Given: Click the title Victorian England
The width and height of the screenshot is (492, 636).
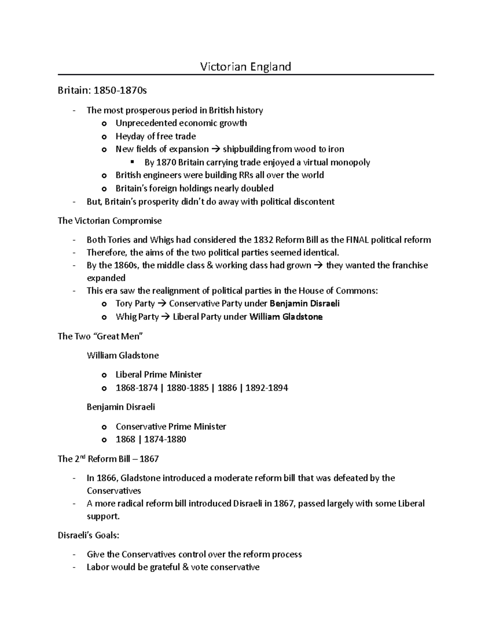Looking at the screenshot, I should coord(245,66).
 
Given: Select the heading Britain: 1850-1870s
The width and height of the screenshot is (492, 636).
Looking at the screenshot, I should coord(102,91).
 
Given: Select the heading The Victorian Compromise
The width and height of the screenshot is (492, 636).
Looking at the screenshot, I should coord(109,221).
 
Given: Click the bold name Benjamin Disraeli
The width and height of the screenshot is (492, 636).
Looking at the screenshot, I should coord(304,303).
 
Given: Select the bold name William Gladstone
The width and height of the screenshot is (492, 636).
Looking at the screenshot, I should coord(286,317).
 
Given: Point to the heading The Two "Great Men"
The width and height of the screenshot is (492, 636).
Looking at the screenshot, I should coord(100,336).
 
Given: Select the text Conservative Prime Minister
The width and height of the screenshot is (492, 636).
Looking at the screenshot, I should coord(171,426).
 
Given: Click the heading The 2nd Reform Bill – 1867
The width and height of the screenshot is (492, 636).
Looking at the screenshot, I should coord(108,459).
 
